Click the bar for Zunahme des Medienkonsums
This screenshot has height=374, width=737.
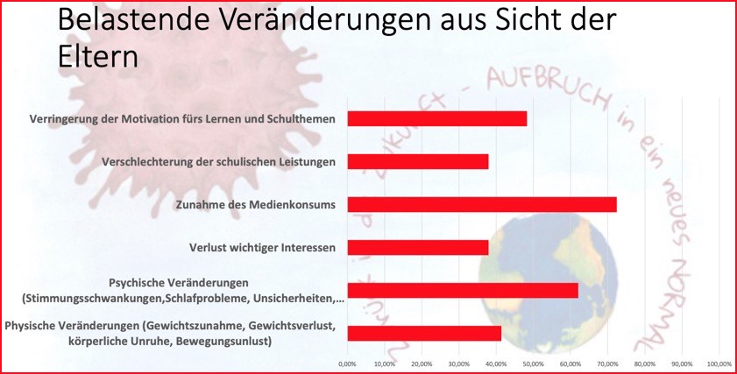coord(481,205)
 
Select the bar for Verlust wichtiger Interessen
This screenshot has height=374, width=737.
coord(417,248)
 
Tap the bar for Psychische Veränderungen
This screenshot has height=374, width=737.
coord(462,290)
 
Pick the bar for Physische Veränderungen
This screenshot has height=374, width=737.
coord(423,333)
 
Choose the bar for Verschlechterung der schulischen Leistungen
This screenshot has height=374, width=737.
coord(417,162)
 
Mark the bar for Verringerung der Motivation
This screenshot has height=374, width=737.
coord(436,119)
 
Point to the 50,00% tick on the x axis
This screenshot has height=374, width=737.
coord(533,363)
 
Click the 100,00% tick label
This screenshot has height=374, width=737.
coord(719,363)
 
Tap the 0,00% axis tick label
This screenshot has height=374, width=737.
coord(347,363)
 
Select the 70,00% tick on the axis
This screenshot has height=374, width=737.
coord(607,363)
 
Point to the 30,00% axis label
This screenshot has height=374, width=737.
coord(458,363)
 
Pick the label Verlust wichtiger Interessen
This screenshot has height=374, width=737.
coord(262,248)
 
